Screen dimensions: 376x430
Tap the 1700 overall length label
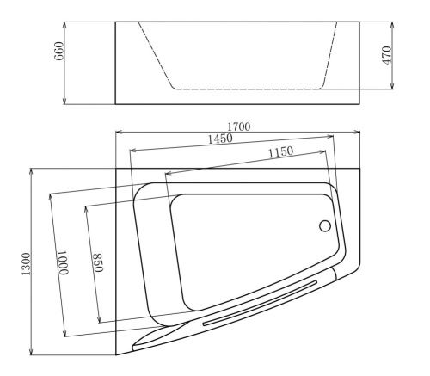[241, 126]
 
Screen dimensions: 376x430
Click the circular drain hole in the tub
[325, 225]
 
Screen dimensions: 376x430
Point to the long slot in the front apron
[262, 302]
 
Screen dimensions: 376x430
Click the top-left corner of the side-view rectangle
[116, 22]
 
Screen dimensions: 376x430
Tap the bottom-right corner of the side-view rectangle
[360, 104]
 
